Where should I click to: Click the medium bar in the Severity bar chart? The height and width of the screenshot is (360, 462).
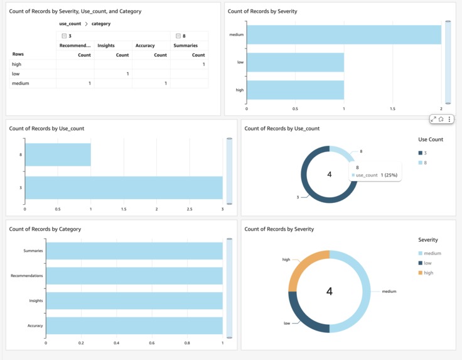[x=343, y=35]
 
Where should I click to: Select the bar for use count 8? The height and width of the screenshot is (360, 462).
[x=58, y=155]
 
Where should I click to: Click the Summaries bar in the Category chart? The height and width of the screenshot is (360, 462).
[x=134, y=251]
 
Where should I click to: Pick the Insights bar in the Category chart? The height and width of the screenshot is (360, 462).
[x=134, y=300]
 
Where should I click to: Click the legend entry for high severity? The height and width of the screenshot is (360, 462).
[x=428, y=273]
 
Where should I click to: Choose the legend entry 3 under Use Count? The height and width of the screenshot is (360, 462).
[x=425, y=153]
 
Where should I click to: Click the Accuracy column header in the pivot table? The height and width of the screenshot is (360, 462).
[x=145, y=46]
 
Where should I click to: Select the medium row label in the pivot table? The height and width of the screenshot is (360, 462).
[x=20, y=84]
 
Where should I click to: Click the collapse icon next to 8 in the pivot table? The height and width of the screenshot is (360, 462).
[x=178, y=36]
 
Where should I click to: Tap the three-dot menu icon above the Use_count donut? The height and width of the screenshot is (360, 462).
[x=449, y=119]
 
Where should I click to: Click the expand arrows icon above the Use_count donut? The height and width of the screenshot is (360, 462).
[x=433, y=119]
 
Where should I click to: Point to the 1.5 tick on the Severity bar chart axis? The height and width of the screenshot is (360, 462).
[x=392, y=109]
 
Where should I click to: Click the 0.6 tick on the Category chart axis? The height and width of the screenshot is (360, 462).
[x=152, y=343]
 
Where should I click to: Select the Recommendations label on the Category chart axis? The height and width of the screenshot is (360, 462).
[x=26, y=276]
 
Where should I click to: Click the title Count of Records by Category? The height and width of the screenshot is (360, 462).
[x=45, y=229]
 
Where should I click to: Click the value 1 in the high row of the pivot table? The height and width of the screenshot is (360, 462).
[x=203, y=65]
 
